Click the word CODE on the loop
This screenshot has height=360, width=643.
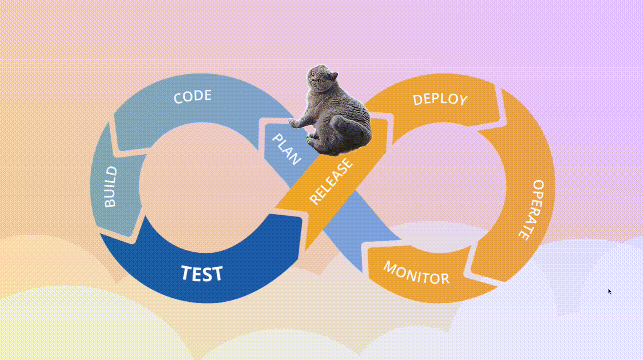(192, 96)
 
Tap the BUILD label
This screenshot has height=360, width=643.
(111, 187)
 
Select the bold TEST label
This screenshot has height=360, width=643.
(202, 273)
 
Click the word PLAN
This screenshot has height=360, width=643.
(286, 149)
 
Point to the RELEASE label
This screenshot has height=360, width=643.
(331, 181)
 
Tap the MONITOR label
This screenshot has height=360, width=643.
(416, 273)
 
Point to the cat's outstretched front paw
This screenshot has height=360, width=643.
(295, 124)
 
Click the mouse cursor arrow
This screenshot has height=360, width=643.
(609, 291)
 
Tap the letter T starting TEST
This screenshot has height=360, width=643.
(187, 272)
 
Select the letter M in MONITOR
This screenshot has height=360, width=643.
(390, 267)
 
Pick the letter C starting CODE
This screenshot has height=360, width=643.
(178, 98)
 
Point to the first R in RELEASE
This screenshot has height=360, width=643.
(314, 199)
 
